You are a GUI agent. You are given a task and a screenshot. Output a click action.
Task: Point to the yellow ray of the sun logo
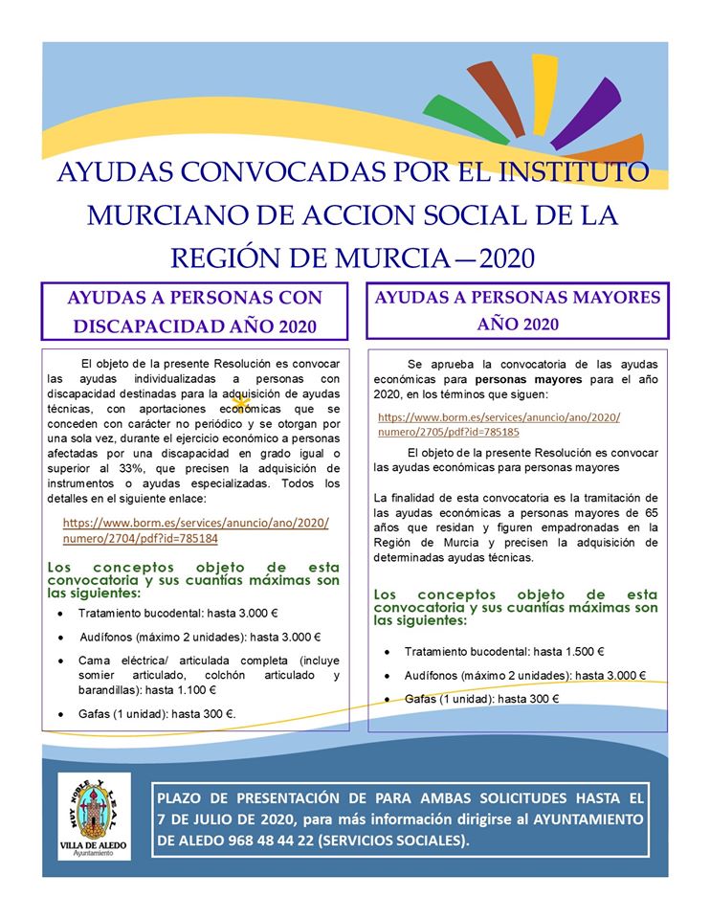543,91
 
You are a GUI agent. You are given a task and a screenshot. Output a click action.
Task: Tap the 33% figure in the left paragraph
126,468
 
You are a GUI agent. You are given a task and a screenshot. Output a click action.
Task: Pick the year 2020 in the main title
505,258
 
